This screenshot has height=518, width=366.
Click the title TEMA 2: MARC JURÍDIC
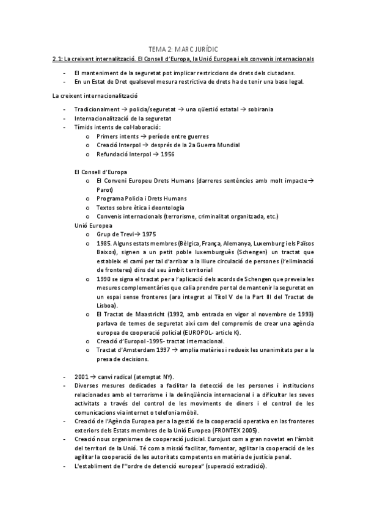183,48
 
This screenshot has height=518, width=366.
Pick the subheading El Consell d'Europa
97,172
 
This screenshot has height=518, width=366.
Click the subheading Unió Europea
89,225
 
